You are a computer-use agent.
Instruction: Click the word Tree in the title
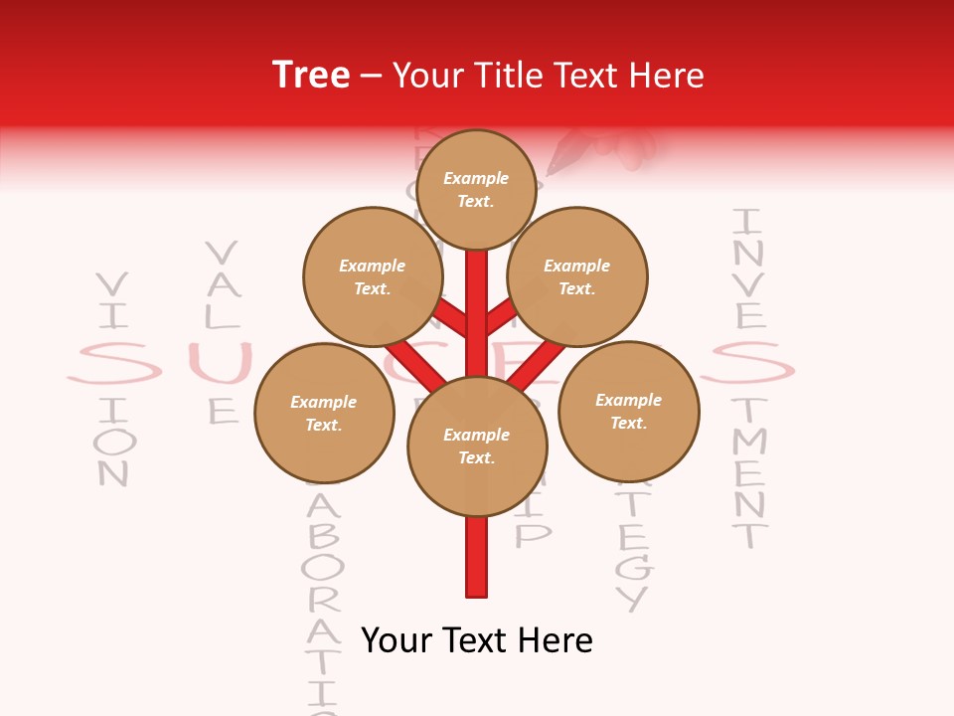pyautogui.click(x=311, y=75)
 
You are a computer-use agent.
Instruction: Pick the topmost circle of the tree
pyautogui.click(x=476, y=189)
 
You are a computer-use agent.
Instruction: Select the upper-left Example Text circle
pyautogui.click(x=373, y=276)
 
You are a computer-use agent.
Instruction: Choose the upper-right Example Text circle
pyautogui.click(x=577, y=276)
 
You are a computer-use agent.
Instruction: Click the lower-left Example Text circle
pyautogui.click(x=324, y=413)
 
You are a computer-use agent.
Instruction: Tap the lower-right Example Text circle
pyautogui.click(x=629, y=411)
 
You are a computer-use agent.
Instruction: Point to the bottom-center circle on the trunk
pyautogui.click(x=477, y=446)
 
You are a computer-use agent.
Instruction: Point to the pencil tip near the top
pyautogui.click(x=550, y=171)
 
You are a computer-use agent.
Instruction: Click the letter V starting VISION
pyautogui.click(x=113, y=285)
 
